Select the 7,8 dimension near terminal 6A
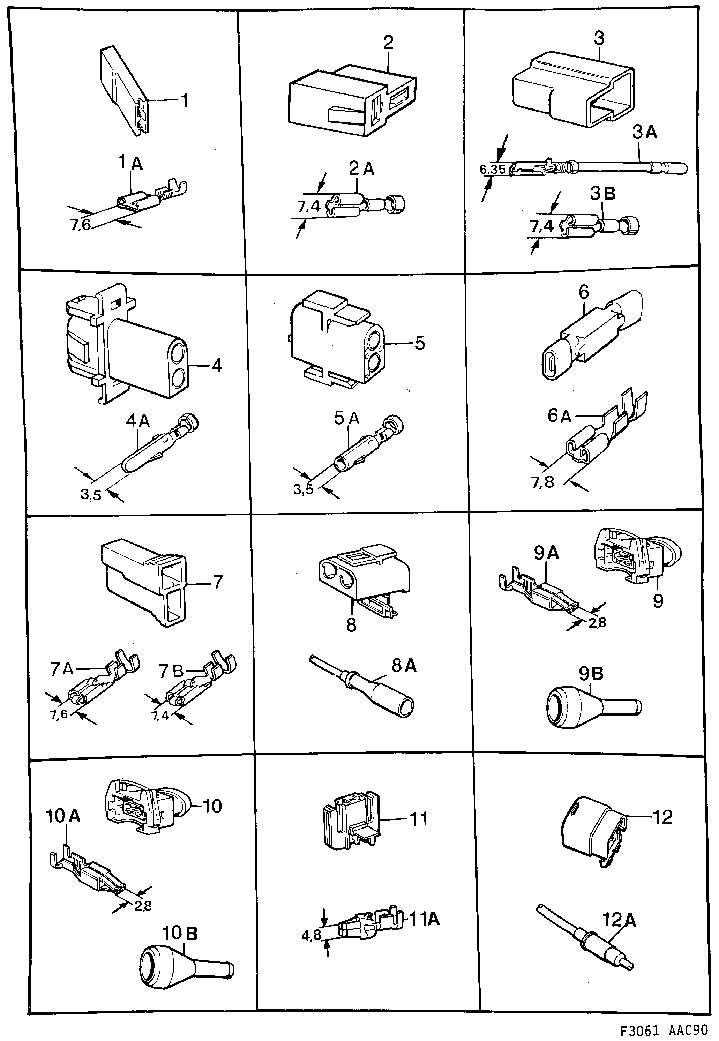[x=543, y=482]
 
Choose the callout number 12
[x=662, y=817]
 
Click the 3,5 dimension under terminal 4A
[x=91, y=495]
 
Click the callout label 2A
[x=361, y=168]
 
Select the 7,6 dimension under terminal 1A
[x=81, y=224]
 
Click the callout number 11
[x=419, y=818]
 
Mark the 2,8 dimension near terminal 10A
[x=143, y=905]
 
